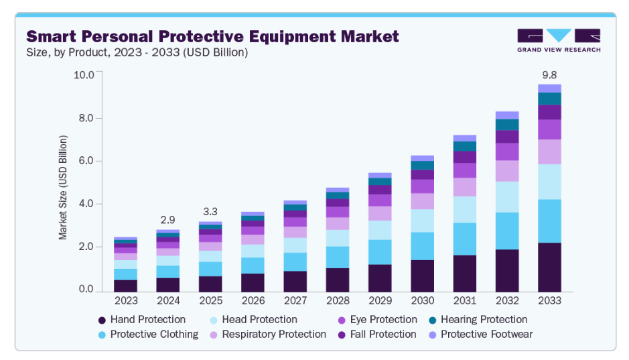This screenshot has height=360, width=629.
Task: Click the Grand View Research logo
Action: [559, 40]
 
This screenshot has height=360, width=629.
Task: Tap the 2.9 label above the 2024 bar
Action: [168, 219]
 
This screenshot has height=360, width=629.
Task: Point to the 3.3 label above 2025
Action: [210, 211]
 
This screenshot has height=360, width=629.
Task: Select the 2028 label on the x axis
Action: [338, 301]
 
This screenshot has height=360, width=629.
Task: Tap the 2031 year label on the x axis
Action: [465, 301]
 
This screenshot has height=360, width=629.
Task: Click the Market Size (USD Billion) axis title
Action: [63, 188]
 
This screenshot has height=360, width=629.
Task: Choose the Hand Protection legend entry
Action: [141, 320]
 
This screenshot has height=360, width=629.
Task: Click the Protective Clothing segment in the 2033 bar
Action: [549, 221]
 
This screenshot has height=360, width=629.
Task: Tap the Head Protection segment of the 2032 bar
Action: [507, 196]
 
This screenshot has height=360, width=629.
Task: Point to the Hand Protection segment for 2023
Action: [125, 286]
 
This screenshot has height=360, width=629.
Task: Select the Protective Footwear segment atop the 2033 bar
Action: [549, 88]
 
